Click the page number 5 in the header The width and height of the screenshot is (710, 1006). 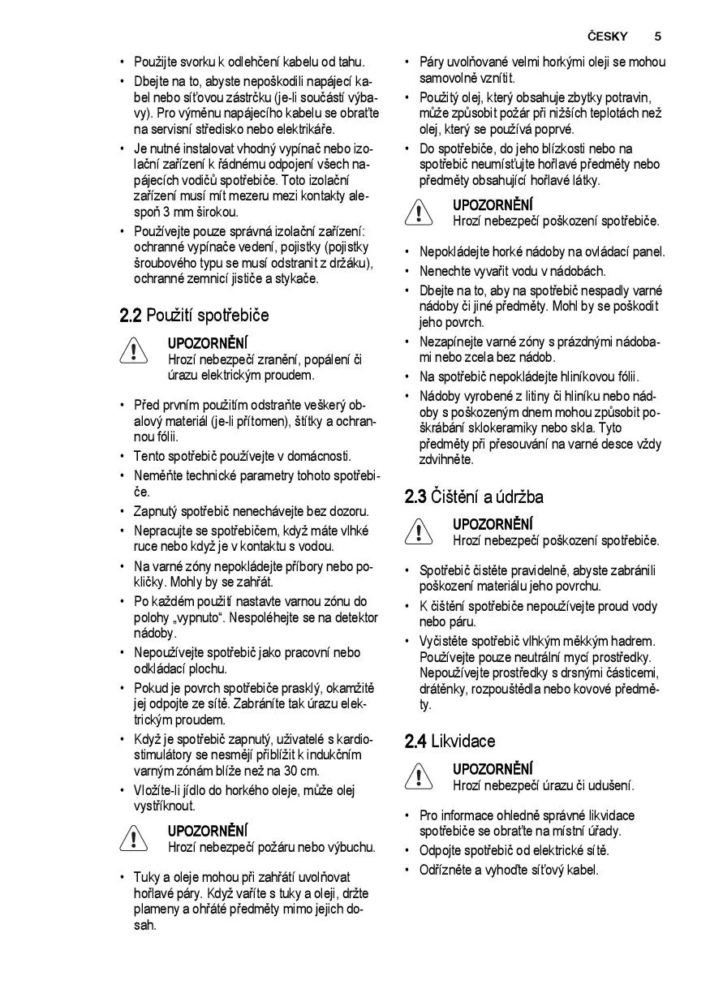coord(657,37)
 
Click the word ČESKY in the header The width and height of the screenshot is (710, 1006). coord(608,37)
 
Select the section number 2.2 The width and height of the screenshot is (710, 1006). coord(131,315)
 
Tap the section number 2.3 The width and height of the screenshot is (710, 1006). coord(415,497)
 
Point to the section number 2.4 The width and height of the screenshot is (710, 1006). coord(415,741)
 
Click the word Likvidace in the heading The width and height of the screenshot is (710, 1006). coord(463,741)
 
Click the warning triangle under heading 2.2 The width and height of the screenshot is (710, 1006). coord(131,351)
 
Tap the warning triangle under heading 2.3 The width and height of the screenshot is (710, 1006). coord(416,532)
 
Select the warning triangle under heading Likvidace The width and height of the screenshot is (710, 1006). coord(416,776)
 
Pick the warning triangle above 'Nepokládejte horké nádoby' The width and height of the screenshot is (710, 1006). coord(416,213)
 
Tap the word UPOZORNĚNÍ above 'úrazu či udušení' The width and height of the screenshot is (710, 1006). coord(493,768)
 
